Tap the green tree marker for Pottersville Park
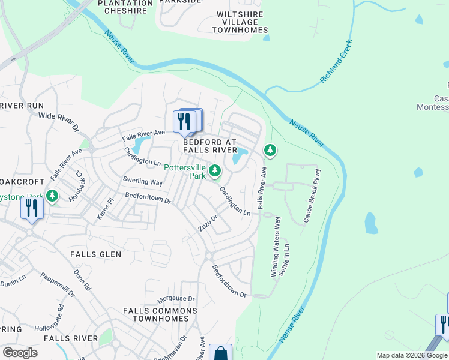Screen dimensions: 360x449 pyautogui.click(x=215, y=172)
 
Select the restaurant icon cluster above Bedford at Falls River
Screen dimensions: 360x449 pyautogui.click(x=187, y=121)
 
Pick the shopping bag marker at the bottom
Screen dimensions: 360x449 pyautogui.click(x=220, y=353)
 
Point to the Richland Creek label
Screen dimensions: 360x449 pyautogui.click(x=336, y=61)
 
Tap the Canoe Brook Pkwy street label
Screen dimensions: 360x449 pyautogui.click(x=312, y=196)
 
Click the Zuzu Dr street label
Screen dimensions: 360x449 pyautogui.click(x=208, y=224)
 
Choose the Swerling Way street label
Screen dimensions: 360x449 pyautogui.click(x=143, y=181)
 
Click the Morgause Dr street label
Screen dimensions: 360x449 pyautogui.click(x=176, y=299)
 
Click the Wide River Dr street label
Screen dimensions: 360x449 pyautogui.click(x=59, y=120)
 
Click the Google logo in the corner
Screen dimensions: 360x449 pyautogui.click(x=20, y=353)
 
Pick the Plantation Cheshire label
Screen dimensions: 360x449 pyautogui.click(x=125, y=7)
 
